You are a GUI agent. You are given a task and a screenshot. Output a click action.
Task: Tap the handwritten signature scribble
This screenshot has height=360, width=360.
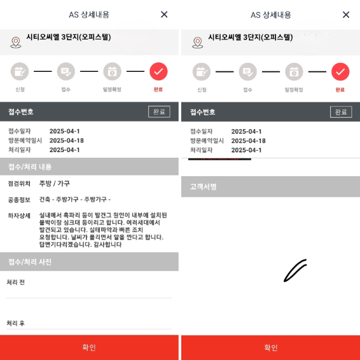tap(295, 270)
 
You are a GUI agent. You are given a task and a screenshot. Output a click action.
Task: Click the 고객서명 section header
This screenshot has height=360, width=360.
tap(204, 187)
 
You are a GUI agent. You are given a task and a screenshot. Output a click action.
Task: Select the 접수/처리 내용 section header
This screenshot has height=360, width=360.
tap(30, 167)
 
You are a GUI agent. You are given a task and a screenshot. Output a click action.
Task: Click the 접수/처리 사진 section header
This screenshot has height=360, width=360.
tap(30, 261)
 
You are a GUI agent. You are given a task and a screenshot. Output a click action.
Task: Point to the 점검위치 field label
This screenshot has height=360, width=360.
tap(19, 183)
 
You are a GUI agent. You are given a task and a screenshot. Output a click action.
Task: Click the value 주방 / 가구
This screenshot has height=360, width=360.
tap(55, 183)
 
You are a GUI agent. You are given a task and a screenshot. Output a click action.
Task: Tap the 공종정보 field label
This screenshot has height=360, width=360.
tap(19, 199)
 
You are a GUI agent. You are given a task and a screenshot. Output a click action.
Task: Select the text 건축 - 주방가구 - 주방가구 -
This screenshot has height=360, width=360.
tap(74, 199)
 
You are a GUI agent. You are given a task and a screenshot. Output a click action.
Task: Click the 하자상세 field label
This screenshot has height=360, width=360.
tap(19, 216)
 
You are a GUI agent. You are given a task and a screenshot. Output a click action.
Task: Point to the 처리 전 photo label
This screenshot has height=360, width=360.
tap(16, 282)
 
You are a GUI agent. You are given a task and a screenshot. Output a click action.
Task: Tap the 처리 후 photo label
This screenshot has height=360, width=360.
tap(16, 323)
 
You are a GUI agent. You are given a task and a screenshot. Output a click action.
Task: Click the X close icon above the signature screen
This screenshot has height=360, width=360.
tap(346, 15)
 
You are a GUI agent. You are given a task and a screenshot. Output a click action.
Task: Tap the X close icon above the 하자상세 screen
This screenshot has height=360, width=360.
tap(164, 15)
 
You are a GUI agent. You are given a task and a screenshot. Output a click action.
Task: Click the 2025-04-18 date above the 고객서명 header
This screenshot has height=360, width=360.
tap(249, 141)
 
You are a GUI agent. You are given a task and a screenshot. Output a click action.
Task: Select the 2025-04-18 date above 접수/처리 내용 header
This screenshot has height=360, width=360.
tap(67, 141)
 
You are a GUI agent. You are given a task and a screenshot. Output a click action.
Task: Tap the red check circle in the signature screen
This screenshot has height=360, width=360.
tap(340, 71)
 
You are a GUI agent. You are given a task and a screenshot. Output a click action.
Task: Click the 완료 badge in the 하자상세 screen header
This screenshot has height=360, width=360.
tap(159, 111)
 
